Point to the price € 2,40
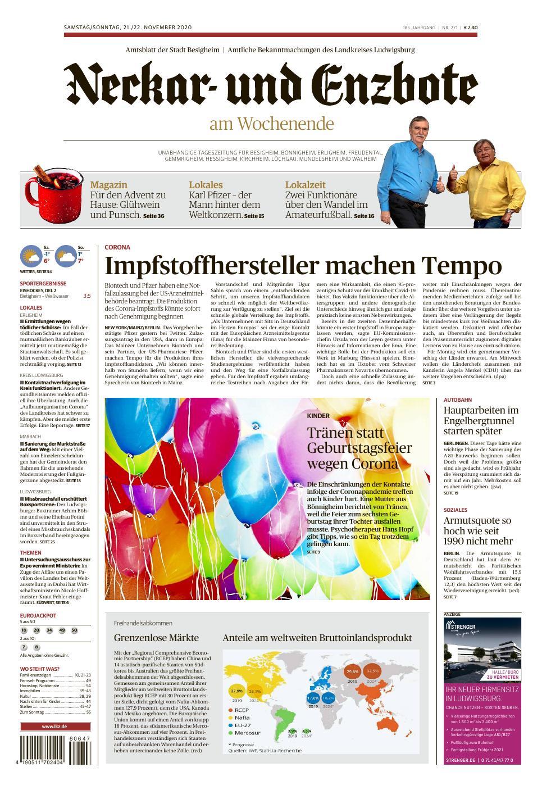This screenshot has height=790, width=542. [470, 27]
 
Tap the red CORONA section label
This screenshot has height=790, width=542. [117, 247]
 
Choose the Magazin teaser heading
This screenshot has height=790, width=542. [108, 185]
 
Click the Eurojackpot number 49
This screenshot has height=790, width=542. [62, 630]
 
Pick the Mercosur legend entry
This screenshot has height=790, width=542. [247, 733]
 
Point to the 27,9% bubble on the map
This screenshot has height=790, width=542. [236, 691]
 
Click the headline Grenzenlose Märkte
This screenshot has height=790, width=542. [156, 638]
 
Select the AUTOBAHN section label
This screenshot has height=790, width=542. [458, 399]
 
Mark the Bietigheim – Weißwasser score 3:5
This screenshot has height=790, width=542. [86, 296]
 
